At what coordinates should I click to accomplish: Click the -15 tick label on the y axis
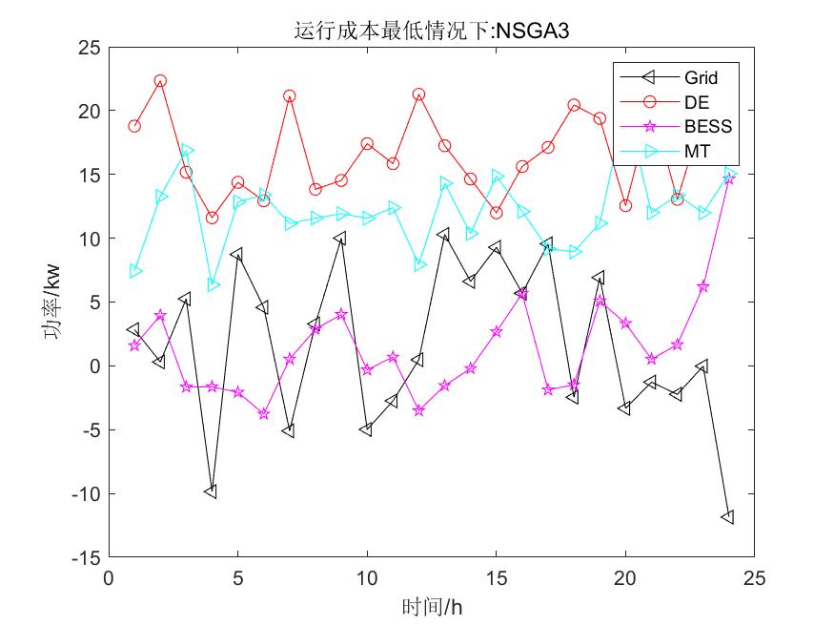pyautogui.click(x=88, y=557)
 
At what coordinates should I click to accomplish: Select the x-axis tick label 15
pyautogui.click(x=496, y=578)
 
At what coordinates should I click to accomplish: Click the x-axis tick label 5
pyautogui.click(x=237, y=578)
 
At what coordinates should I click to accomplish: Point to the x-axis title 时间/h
pyautogui.click(x=432, y=606)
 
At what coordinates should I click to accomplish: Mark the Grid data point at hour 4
pyautogui.click(x=211, y=491)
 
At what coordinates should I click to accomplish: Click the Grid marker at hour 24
pyautogui.click(x=728, y=517)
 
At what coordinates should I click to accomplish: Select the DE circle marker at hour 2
pyautogui.click(x=160, y=81)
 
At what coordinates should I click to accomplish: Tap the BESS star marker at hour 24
pyautogui.click(x=728, y=178)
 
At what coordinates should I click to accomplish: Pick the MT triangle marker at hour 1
pyautogui.click(x=135, y=271)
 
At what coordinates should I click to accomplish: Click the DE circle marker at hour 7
pyautogui.click(x=289, y=96)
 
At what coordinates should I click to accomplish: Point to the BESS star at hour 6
pyautogui.click(x=263, y=414)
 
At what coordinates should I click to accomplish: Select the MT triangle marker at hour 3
pyautogui.click(x=187, y=151)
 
